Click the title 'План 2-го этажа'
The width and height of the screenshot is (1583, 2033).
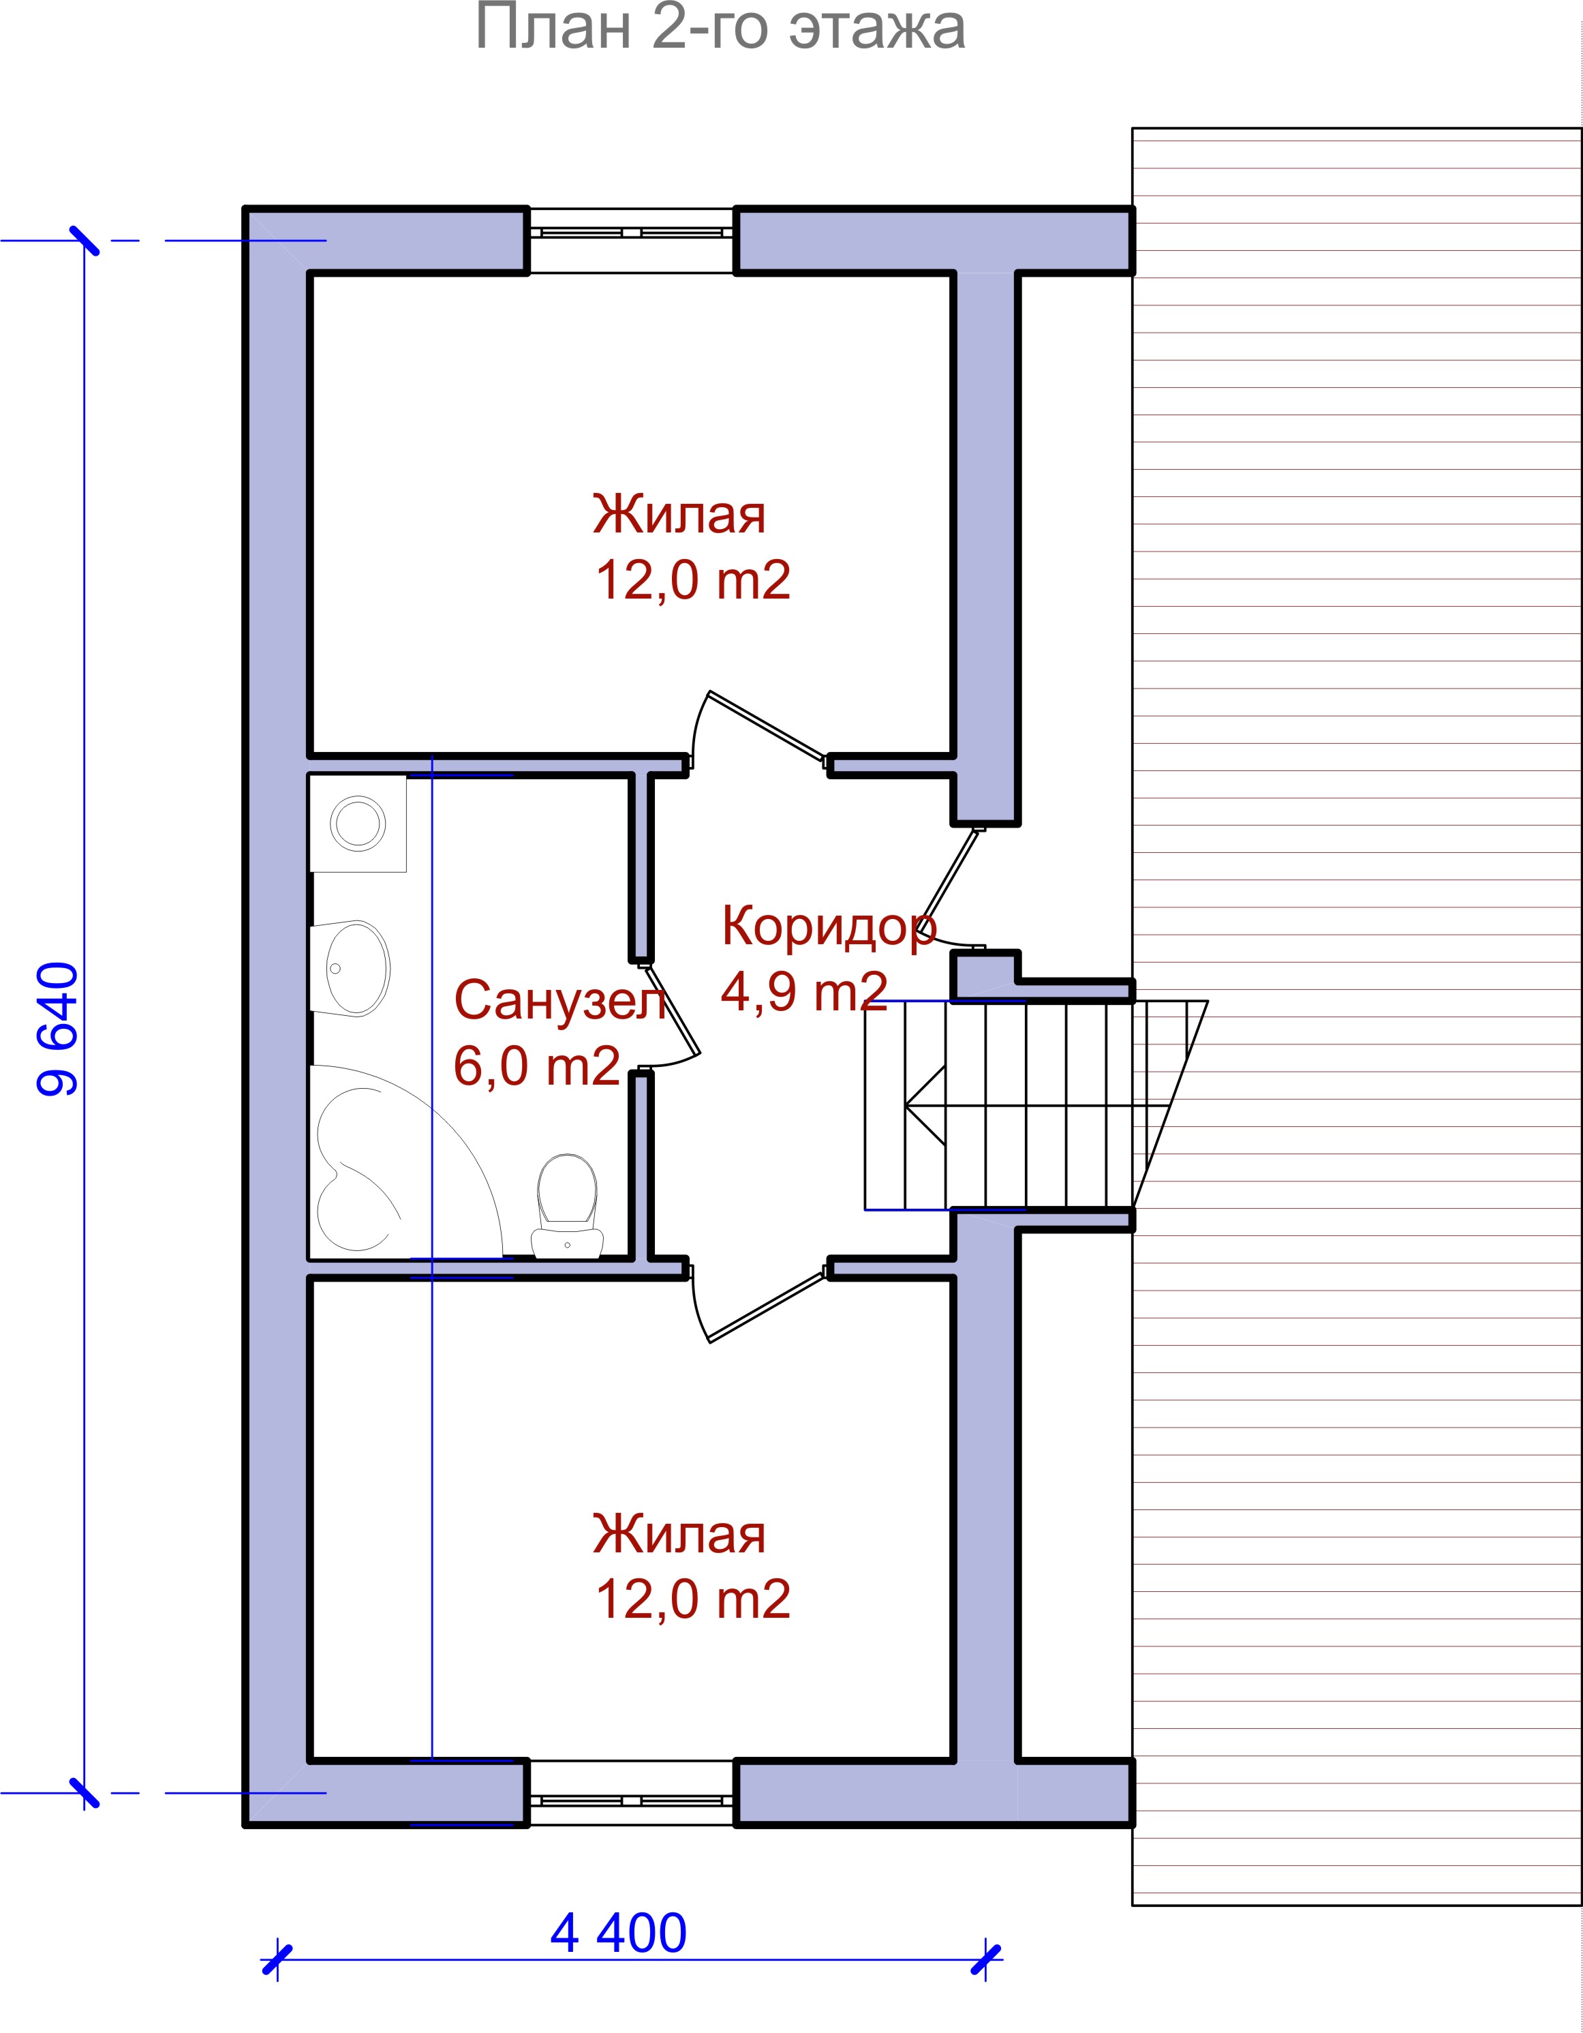coord(720,28)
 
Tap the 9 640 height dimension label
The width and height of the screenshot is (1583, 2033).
coord(58,1029)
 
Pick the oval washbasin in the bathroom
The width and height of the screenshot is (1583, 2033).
coord(350,968)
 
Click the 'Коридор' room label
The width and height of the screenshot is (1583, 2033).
coord(828,927)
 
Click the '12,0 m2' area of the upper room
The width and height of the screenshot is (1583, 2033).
coord(692,580)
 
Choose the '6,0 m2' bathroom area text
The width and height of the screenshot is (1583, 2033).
coord(536,1065)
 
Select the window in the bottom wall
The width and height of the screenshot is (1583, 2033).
coord(632,1801)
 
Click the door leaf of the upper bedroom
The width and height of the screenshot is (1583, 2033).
coord(767,727)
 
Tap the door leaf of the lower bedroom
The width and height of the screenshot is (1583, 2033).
coord(767,1307)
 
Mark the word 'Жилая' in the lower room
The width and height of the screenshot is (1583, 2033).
coord(679,1533)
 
